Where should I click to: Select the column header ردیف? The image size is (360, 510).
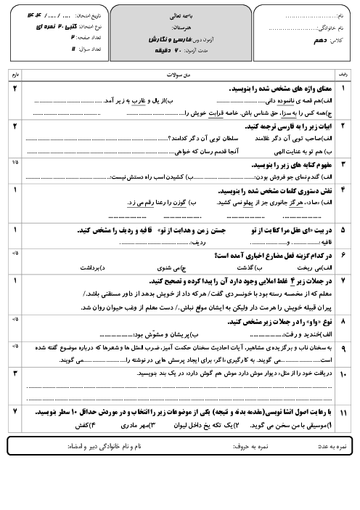pyautogui.click(x=343, y=75)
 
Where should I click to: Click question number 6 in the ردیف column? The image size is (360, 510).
pyautogui.click(x=343, y=256)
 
